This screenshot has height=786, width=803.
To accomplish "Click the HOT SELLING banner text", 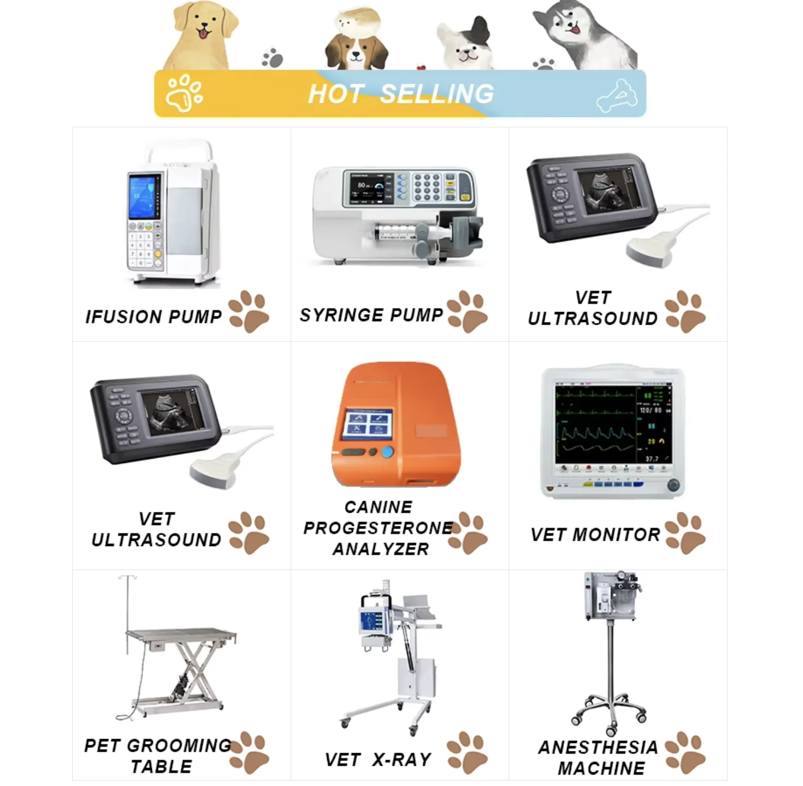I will pos(400,93).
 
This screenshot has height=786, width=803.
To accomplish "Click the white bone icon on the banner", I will pos(617,96).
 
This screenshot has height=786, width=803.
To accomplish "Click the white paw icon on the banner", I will pos(185,93).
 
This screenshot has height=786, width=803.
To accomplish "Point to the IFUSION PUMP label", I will pos(153,316).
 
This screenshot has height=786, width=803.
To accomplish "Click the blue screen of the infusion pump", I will pos(142,197).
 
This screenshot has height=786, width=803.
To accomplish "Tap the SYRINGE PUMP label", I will pos(371,315).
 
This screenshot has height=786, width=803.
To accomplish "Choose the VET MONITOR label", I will pos(595,534).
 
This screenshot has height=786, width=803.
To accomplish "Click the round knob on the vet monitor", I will pos(673,484).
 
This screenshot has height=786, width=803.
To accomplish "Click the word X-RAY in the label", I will pos(402,759).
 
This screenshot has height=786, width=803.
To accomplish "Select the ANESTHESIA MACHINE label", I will pos(600,758).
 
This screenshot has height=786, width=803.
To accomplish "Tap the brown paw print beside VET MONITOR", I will pos(686,533).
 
